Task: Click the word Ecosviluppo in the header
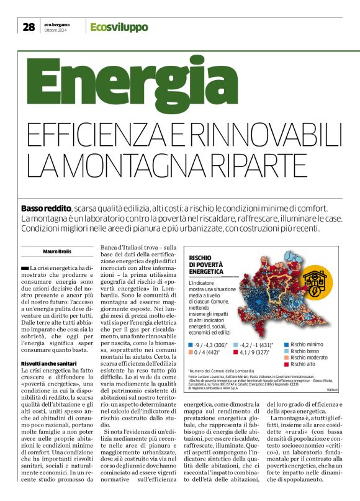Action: point(119,27)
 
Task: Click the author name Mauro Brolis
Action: point(58,251)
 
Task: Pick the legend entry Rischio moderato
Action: point(308,358)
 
